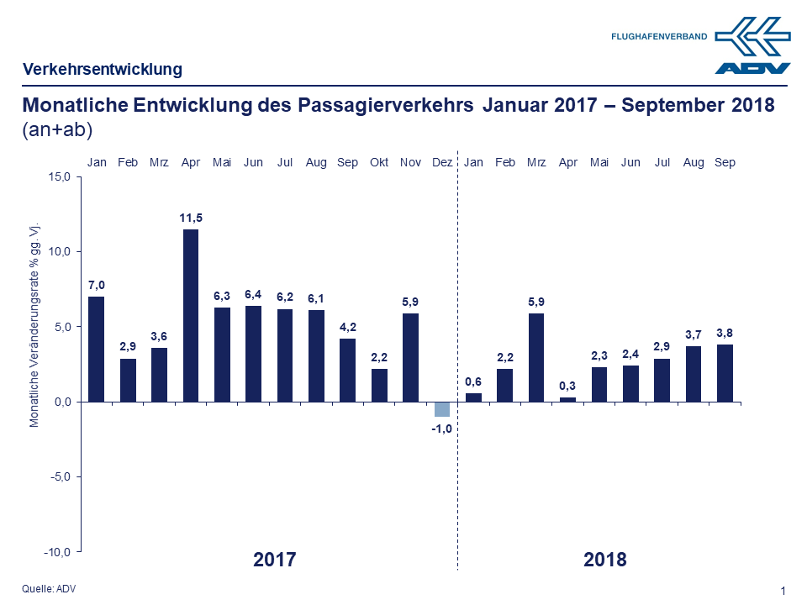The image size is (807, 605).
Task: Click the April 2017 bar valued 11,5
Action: click(x=191, y=315)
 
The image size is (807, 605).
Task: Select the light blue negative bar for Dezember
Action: click(x=441, y=408)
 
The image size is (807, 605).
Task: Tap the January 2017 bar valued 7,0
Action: click(x=97, y=349)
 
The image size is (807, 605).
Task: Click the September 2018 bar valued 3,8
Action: click(x=724, y=372)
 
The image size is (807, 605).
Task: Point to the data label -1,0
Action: click(x=441, y=429)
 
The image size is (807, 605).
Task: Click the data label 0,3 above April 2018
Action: click(x=567, y=386)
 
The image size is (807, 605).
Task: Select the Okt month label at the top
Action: click(x=379, y=162)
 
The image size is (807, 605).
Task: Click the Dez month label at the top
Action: click(x=441, y=162)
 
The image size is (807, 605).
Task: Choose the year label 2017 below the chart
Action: click(x=275, y=560)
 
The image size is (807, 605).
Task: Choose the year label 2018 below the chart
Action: click(x=605, y=560)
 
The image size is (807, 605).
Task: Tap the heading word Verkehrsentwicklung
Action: click(x=102, y=70)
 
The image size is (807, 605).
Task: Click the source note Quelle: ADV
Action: click(x=49, y=588)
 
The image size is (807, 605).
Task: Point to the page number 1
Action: click(x=783, y=592)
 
